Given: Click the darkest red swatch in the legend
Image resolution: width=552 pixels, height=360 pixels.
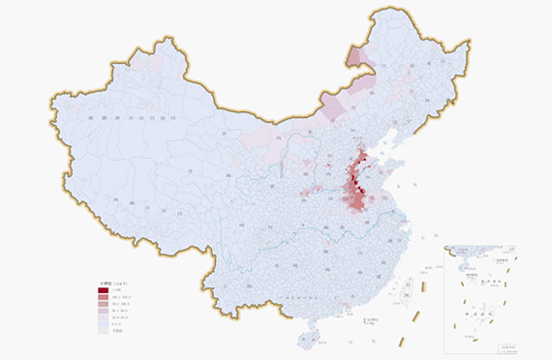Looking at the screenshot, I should click(103, 290).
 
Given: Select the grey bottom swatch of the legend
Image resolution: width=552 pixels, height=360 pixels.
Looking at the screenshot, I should click(103, 330).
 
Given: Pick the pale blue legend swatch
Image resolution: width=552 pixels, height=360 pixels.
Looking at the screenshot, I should click(103, 322).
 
